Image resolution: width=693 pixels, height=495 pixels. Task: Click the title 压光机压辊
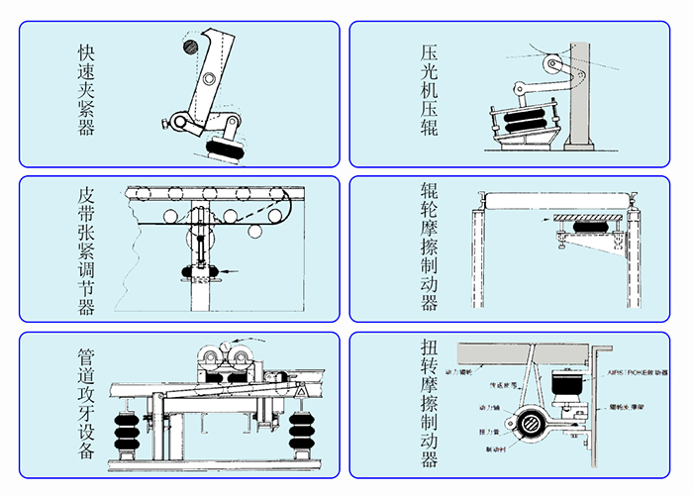[x=429, y=89]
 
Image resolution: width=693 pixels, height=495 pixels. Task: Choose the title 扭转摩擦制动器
[x=429, y=406]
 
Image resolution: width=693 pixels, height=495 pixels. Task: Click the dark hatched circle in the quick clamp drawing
[x=188, y=46]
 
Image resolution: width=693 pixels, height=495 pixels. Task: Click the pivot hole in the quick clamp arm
[x=207, y=78]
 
